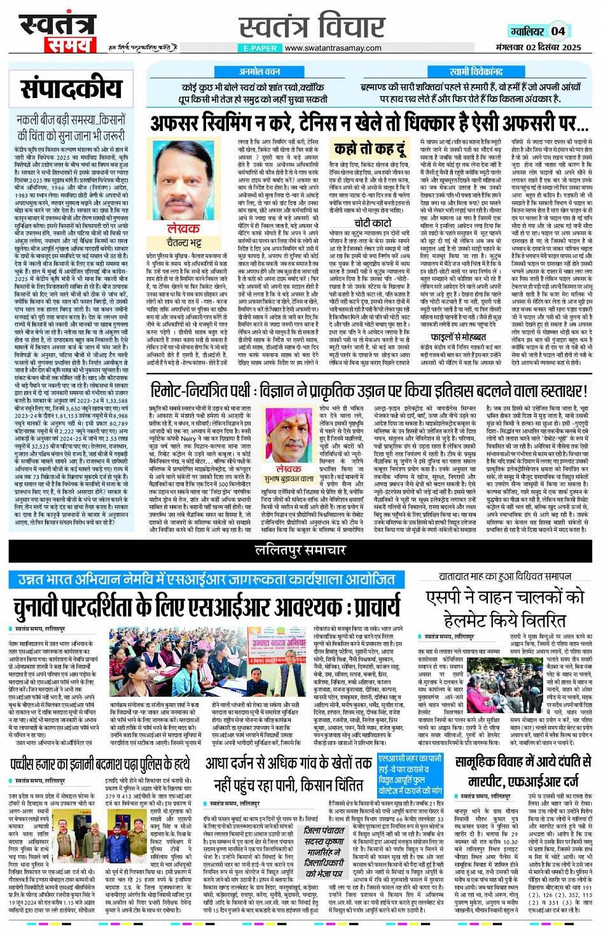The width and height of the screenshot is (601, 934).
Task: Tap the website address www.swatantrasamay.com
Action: pos(333,48)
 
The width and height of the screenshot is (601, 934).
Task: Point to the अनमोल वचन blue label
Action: pos(259,72)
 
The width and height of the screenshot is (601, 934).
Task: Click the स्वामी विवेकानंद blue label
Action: pos(476,72)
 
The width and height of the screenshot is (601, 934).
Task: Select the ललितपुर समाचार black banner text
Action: pos(300,550)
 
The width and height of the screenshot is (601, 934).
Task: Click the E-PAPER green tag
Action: pos(260,48)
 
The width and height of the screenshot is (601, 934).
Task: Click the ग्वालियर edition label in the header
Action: pos(527,31)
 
